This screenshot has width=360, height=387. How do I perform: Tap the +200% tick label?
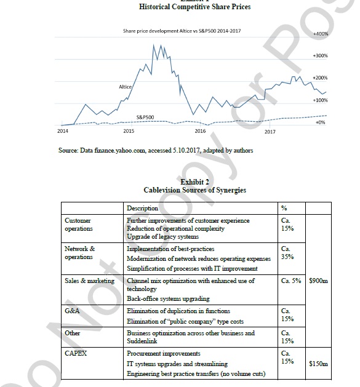click(320, 78)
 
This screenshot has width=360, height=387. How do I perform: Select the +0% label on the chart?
click(320, 122)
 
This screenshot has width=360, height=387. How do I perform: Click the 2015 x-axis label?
click(129, 131)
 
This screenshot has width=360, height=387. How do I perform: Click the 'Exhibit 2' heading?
click(194, 182)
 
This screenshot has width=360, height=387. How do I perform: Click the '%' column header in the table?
click(283, 209)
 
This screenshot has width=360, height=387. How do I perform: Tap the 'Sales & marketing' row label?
click(90, 281)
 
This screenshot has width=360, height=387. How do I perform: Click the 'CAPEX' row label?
click(76, 354)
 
